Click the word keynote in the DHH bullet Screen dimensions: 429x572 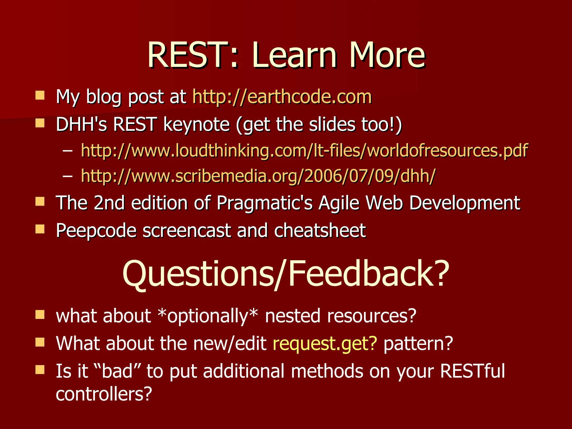pos(196,124)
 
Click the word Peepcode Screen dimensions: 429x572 pos(96,231)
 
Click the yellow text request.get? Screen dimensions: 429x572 pos(325,344)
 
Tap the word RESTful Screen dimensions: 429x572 pos(472,371)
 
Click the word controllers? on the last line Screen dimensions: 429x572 pos(104,394)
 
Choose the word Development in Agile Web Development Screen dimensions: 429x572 pos(464,203)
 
